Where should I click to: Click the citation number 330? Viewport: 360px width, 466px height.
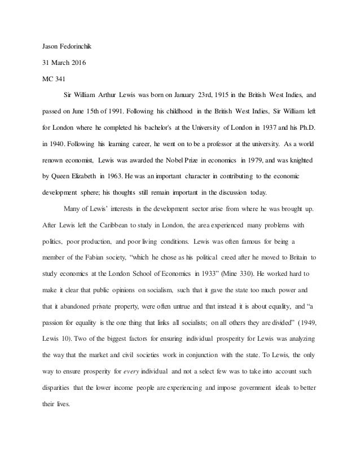click(x=255, y=272)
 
